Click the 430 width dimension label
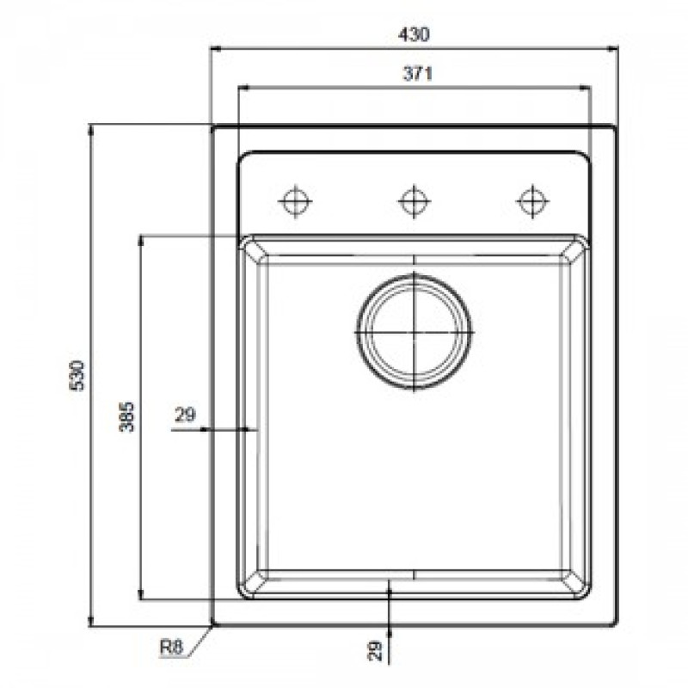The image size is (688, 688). pyautogui.click(x=415, y=34)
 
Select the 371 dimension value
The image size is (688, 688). pyautogui.click(x=415, y=74)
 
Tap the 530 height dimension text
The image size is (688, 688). pyautogui.click(x=76, y=376)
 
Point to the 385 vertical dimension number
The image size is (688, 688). pyautogui.click(x=126, y=416)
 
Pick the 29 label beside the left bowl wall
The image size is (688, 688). pyautogui.click(x=185, y=415)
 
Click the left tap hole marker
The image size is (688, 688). pyautogui.click(x=295, y=200)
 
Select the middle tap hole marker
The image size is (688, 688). pyautogui.click(x=414, y=200)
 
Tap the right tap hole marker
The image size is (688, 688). pyautogui.click(x=532, y=200)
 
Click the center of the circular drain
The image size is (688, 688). pyautogui.click(x=414, y=331)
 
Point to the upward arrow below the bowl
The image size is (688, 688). pyautogui.click(x=390, y=588)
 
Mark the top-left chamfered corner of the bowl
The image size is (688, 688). pyautogui.click(x=253, y=249)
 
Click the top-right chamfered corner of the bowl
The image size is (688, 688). pyautogui.click(x=574, y=249)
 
